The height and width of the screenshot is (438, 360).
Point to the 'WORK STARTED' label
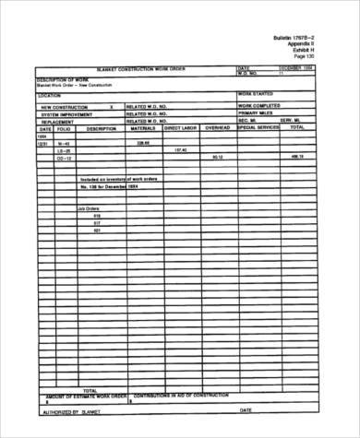[257, 94]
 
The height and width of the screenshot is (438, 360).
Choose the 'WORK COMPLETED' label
[261, 106]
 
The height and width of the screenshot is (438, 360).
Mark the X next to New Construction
[111, 107]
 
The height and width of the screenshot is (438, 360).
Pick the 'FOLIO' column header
[63, 129]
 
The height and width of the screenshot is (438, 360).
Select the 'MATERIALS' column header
[143, 129]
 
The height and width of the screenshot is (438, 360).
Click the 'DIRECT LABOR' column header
[181, 129]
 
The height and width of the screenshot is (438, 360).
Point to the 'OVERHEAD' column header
[217, 129]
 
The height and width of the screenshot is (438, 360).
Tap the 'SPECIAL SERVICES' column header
[258, 129]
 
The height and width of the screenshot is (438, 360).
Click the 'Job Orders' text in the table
[89, 210]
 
